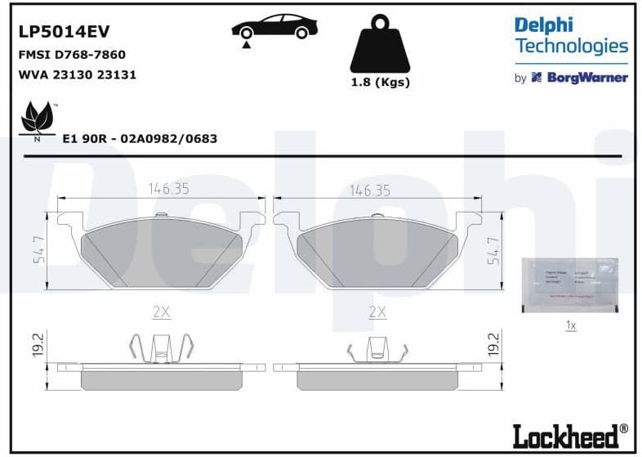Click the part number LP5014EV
[x=64, y=31]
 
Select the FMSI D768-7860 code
[x=72, y=55]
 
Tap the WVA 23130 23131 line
[x=77, y=74]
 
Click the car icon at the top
[x=274, y=28]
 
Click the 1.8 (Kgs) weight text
[x=380, y=83]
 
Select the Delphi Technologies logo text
[x=571, y=36]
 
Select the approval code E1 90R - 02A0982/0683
[x=140, y=139]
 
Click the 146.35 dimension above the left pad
[x=168, y=189]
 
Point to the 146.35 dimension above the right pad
[x=370, y=190]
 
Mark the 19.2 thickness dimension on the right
[x=492, y=343]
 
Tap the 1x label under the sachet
[x=571, y=325]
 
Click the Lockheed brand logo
[x=570, y=435]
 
